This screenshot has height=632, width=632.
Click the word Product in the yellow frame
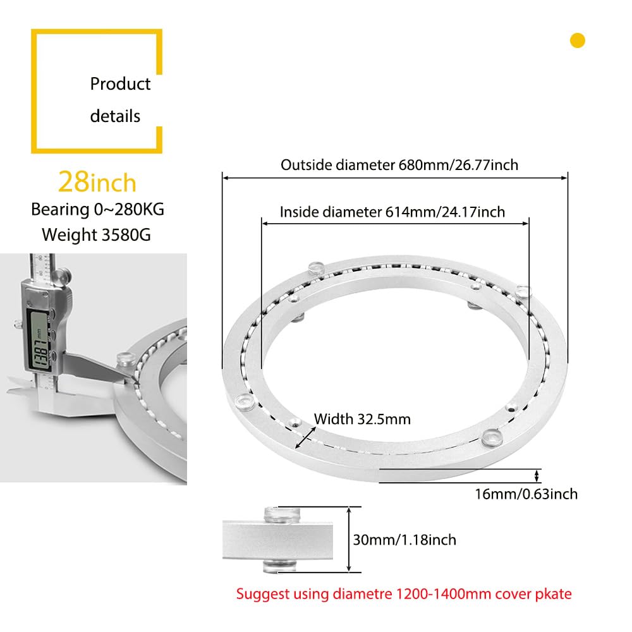120,84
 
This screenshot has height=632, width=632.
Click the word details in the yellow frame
115,116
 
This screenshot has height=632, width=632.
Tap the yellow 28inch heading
97,182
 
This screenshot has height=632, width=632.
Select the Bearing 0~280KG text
97,210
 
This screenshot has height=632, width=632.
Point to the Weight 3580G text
96,234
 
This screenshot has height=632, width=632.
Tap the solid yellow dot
578,40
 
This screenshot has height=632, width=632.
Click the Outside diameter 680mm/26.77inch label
399,165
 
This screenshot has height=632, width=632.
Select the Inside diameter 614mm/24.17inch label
392,212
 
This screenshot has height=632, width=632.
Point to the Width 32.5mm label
362,419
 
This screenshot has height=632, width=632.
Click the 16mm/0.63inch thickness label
526,494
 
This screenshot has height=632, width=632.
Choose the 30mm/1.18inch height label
404,540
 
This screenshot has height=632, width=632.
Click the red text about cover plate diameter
404,593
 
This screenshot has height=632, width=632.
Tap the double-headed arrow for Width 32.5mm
306,438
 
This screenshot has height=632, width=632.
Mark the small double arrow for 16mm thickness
537,476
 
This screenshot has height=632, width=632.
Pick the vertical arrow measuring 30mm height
349,539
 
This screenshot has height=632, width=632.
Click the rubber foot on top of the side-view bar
282,514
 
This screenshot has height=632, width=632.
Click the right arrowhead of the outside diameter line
564,178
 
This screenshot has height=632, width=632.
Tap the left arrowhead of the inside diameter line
265,224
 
